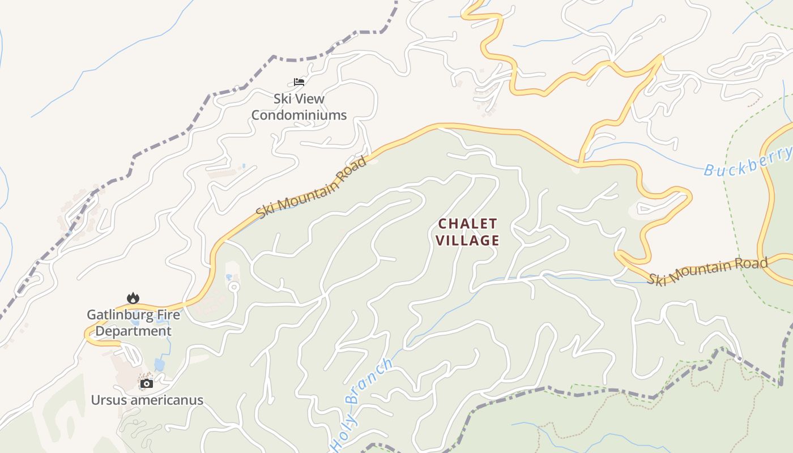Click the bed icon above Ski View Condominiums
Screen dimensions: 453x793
coord(299,82)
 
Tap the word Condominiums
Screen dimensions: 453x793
coord(299,115)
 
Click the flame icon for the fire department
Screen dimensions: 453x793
coord(133,298)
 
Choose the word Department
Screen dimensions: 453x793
coord(133,331)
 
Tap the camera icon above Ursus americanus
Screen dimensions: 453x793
coord(146,383)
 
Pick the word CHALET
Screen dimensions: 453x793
coord(467,224)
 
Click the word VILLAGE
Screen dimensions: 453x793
coord(467,240)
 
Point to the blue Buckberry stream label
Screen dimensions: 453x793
coord(748,161)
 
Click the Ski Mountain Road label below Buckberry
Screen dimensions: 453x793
coord(708,271)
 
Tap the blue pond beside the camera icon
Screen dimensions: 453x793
coord(160,365)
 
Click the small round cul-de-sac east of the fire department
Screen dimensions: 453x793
coord(233,288)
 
